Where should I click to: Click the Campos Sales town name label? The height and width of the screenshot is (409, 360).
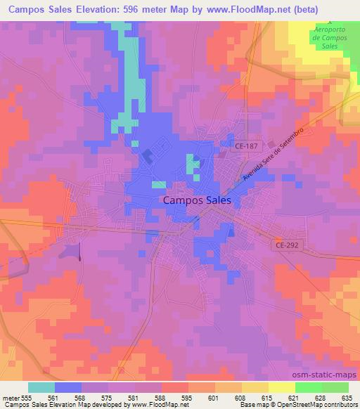tap(202, 200)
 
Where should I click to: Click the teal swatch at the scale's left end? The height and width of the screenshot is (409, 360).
tap(41, 387)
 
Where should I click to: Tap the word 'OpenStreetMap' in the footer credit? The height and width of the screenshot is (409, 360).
tap(289, 405)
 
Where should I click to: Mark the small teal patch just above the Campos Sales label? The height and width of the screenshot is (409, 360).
tap(159, 185)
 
